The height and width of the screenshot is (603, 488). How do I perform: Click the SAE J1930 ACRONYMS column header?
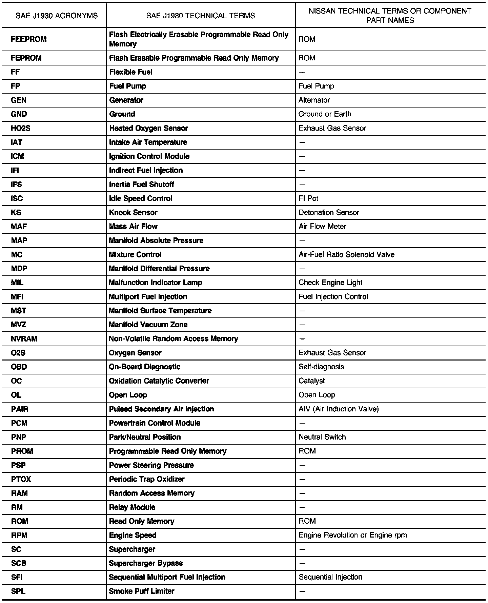[57, 16]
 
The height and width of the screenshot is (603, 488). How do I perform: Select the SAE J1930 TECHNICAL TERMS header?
[201, 16]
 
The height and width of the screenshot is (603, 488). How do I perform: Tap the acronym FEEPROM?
[29, 39]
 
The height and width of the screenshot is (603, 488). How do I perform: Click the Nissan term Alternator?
[314, 100]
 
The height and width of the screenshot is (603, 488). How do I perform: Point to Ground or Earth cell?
[325, 114]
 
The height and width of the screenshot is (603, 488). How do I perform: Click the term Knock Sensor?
[133, 212]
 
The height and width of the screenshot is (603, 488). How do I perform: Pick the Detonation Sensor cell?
[329, 212]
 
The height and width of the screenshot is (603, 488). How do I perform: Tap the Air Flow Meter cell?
[322, 226]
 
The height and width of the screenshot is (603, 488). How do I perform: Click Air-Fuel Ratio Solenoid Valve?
[346, 254]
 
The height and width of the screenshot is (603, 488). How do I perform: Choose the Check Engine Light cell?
[330, 283]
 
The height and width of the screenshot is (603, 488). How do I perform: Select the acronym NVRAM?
[24, 339]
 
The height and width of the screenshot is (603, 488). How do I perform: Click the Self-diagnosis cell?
[321, 367]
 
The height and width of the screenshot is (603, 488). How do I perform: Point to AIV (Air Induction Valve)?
[339, 409]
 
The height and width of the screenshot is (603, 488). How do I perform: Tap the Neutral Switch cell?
[322, 437]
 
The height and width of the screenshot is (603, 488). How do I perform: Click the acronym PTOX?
[21, 479]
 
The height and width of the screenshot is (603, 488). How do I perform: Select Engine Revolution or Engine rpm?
[353, 535]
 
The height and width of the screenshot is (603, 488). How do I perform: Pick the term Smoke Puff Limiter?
[142, 591]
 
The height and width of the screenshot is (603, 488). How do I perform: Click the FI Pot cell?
[308, 198]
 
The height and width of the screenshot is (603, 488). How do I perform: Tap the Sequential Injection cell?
[330, 577]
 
